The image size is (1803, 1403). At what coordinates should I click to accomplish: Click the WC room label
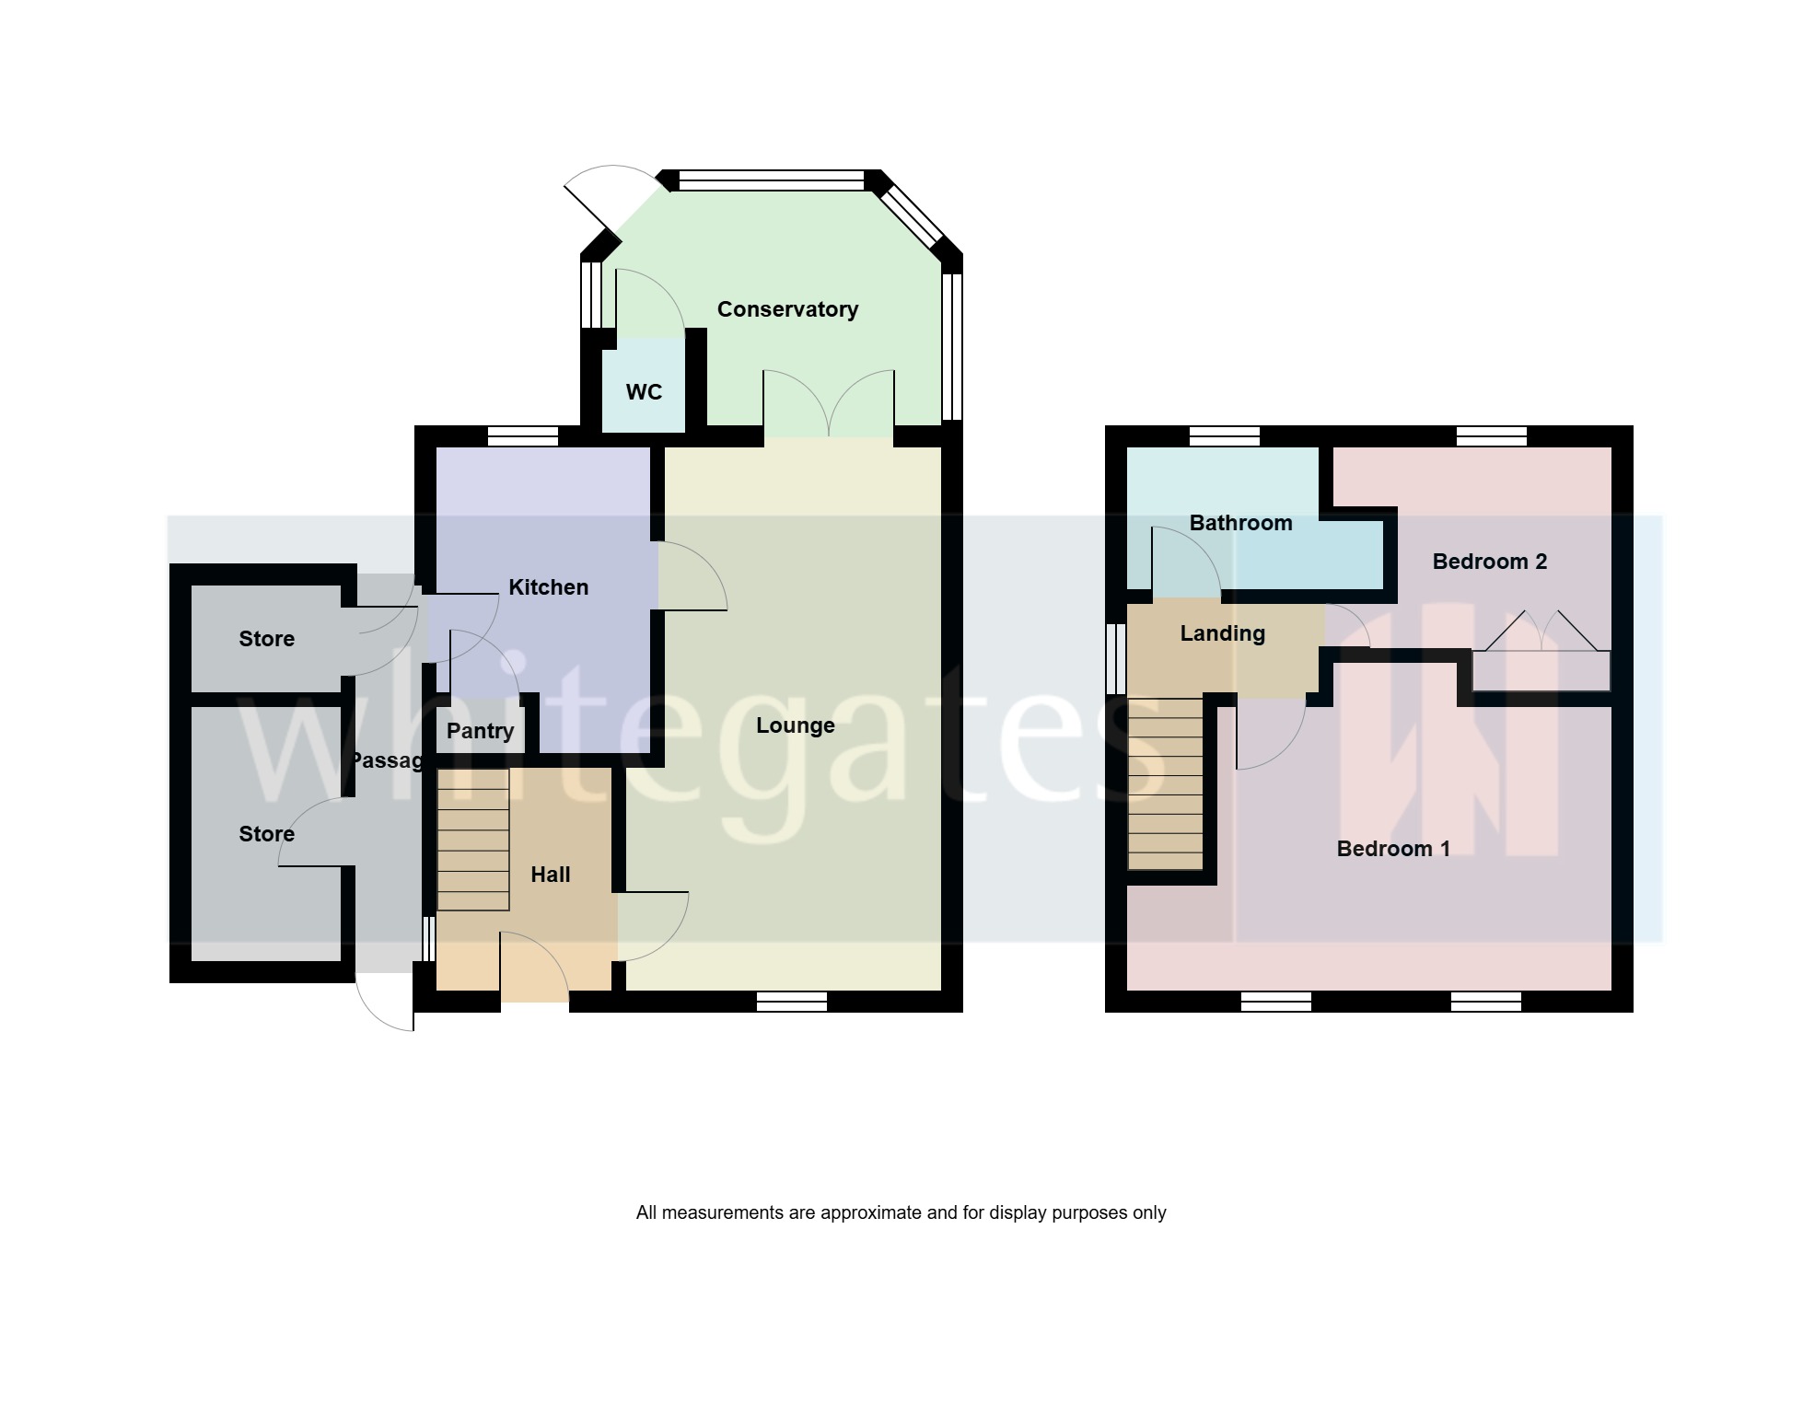(x=644, y=392)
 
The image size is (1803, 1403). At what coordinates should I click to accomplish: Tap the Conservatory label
(x=787, y=309)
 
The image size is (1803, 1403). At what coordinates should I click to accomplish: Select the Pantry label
(x=480, y=731)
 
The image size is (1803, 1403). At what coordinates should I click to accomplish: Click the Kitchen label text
(x=548, y=587)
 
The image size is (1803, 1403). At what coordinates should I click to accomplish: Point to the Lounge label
(x=796, y=725)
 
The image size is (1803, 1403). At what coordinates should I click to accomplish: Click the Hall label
(x=551, y=875)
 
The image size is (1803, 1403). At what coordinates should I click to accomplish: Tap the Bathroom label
(x=1240, y=523)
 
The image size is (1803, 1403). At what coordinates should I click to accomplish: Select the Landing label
(x=1223, y=633)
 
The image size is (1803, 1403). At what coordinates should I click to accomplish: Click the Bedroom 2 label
(x=1490, y=562)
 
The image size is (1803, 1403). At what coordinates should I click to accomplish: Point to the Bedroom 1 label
(x=1393, y=849)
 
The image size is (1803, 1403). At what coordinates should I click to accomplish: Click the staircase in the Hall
(x=472, y=840)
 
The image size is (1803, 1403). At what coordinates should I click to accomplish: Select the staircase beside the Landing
(x=1165, y=783)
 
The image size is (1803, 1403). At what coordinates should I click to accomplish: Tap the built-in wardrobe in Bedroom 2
(x=1541, y=670)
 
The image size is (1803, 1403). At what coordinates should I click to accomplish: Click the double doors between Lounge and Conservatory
(x=829, y=404)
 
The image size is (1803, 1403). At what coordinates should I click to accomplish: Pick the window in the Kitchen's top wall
(x=523, y=436)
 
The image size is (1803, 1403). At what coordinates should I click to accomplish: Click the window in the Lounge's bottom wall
(x=791, y=1002)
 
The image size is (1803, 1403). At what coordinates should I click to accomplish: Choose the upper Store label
(x=267, y=639)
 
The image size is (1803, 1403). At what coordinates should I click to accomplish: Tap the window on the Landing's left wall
(x=1116, y=659)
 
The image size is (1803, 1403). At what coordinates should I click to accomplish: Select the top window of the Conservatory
(x=772, y=180)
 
